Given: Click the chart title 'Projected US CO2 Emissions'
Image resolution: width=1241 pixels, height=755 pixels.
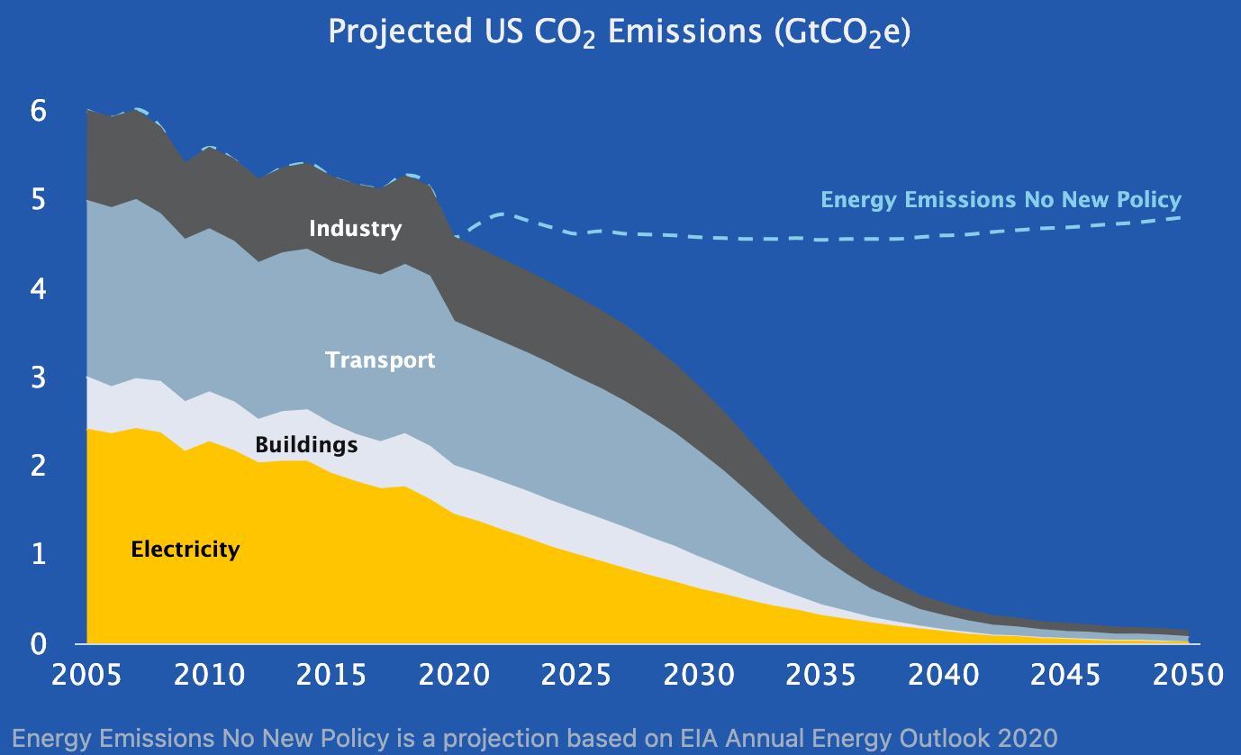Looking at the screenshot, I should point(620,32).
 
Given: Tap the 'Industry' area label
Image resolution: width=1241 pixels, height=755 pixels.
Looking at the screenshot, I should point(355,228).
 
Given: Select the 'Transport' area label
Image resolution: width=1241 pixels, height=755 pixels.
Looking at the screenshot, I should point(380,360).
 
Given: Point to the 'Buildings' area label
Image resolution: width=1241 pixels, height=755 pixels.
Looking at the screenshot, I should point(306,444).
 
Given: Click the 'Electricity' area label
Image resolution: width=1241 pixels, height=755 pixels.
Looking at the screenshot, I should point(186,549).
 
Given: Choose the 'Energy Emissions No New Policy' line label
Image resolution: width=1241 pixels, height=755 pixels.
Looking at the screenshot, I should point(1001,200).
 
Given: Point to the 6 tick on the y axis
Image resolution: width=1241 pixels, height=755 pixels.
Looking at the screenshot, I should point(38,111).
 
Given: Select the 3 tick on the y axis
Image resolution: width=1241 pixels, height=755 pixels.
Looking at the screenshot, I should point(38,377).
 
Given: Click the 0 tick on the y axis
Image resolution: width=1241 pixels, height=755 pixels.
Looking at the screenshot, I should point(38,643).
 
